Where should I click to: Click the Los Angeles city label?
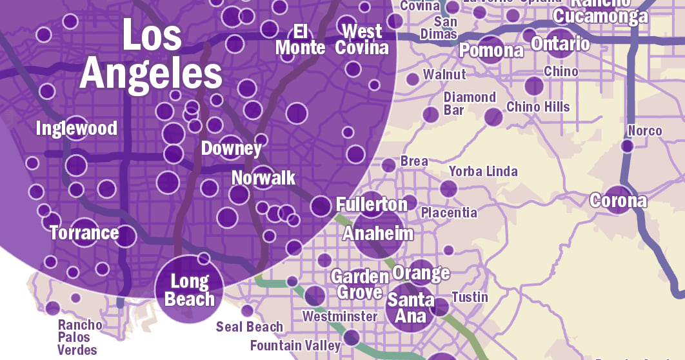[151, 55]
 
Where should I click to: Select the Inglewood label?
[77, 128]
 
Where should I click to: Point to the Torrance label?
[84, 232]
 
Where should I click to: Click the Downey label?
[232, 148]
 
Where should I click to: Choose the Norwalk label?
[263, 177]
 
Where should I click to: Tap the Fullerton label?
[372, 205]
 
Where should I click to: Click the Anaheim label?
[378, 233]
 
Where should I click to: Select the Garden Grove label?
[359, 284]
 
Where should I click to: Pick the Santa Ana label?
[411, 308]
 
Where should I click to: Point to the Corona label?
[618, 201]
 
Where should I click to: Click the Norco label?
[645, 131]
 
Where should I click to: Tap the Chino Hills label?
[538, 106]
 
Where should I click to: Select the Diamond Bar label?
[470, 103]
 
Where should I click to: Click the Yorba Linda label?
[483, 172]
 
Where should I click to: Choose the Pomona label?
[491, 50]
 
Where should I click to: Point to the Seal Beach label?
[250, 326]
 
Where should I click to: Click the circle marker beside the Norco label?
[627, 146]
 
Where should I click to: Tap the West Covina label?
[362, 39]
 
